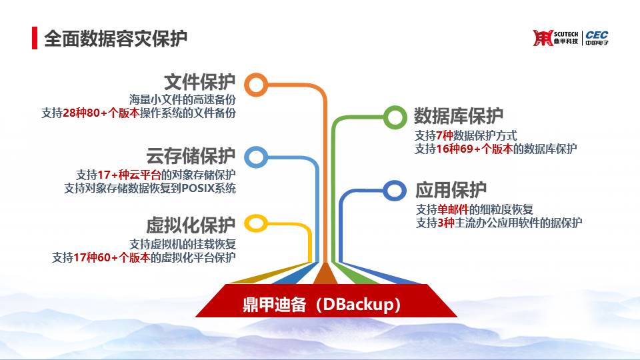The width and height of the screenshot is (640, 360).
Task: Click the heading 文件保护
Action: pyautogui.click(x=199, y=83)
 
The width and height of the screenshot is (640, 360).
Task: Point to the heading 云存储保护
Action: pyautogui.click(x=191, y=156)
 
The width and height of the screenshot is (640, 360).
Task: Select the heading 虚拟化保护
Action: pyautogui.click(x=191, y=225)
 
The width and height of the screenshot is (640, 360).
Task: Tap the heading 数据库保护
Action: pyautogui.click(x=459, y=116)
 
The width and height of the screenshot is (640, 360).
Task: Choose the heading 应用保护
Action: pyautogui.click(x=451, y=190)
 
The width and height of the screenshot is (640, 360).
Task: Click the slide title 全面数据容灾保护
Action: pyautogui.click(x=115, y=39)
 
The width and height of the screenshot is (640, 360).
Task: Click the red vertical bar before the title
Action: pyautogui.click(x=35, y=38)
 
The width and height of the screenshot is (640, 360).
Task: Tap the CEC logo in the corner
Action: pyautogui.click(x=597, y=37)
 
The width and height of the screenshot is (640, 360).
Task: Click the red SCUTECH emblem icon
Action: pyautogui.click(x=543, y=38)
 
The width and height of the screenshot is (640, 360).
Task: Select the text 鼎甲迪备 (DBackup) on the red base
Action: pyautogui.click(x=321, y=305)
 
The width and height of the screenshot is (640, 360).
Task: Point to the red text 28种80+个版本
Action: pyautogui.click(x=101, y=113)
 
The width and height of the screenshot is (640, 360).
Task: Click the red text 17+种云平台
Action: pyautogui.click(x=129, y=175)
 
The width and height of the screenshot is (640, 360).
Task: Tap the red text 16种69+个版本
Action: pyautogui.click(x=474, y=149)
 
